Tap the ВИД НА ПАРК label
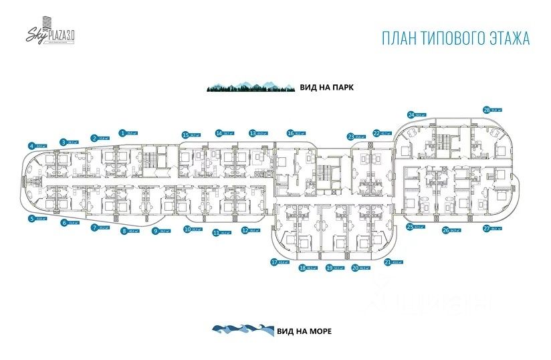point(326,87)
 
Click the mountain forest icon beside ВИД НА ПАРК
point(249,87)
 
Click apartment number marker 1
point(122,132)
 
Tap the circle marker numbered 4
point(31,146)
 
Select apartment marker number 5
point(31,218)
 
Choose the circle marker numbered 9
point(154,232)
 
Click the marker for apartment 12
point(245,230)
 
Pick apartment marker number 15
point(185,134)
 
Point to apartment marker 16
point(290,132)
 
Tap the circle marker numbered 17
point(274,262)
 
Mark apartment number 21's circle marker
point(388,262)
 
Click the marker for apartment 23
point(350,137)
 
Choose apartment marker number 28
point(486,110)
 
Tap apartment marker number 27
point(486,228)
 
